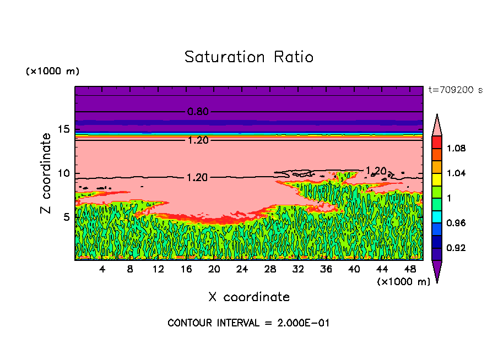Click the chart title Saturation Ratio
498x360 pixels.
(249, 57)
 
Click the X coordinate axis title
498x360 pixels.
(249, 297)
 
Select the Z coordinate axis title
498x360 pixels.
(46, 173)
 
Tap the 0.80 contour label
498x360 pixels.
(198, 112)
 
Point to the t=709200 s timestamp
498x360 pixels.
(455, 90)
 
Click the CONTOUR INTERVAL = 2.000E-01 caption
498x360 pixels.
(248, 323)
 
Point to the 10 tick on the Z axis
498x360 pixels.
(64, 173)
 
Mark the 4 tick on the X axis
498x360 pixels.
(102, 270)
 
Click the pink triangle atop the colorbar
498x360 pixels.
(436, 126)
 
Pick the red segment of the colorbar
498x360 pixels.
(436, 141)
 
